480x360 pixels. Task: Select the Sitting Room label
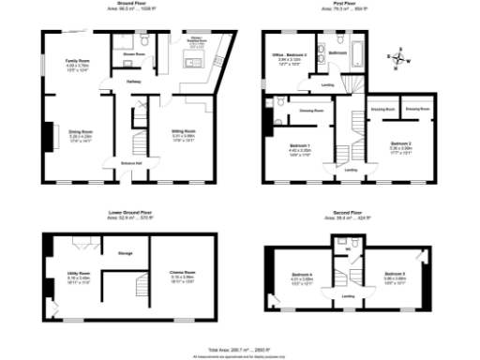click(182, 131)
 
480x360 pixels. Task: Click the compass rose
click(400, 58)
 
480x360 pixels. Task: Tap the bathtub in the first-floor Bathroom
click(362, 46)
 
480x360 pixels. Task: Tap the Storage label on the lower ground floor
click(125, 253)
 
